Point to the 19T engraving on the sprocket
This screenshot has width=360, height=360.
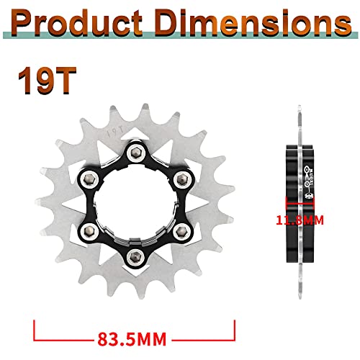point(112,132)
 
